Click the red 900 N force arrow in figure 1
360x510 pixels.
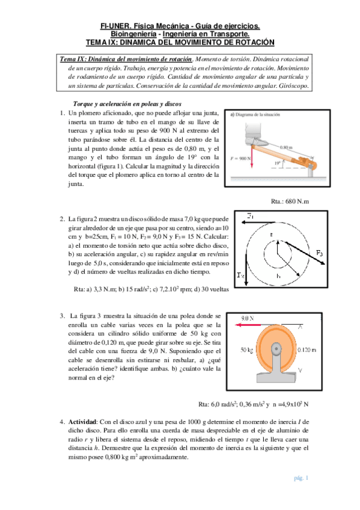[x=251, y=157]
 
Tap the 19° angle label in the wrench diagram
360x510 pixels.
[x=277, y=163]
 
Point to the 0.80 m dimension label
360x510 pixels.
[x=286, y=147]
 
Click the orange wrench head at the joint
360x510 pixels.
[x=305, y=162]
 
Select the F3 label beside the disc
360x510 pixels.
[x=319, y=253]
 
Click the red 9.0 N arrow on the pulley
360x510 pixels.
[x=248, y=325]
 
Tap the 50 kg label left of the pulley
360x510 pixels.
[x=246, y=350]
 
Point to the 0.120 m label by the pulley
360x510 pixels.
[x=307, y=350]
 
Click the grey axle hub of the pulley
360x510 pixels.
[x=276, y=349]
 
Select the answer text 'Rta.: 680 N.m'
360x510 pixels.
[x=290, y=201]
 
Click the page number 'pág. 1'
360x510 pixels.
[x=301, y=478]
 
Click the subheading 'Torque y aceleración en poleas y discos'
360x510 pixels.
[x=127, y=104]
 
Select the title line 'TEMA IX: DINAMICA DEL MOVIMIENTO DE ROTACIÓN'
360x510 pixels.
[x=180, y=42]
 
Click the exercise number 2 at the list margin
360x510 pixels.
[x=63, y=219]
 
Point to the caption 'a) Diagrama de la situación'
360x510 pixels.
[x=255, y=114]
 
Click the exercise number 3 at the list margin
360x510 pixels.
[x=63, y=316]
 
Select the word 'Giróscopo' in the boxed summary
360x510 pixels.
[x=293, y=86]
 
